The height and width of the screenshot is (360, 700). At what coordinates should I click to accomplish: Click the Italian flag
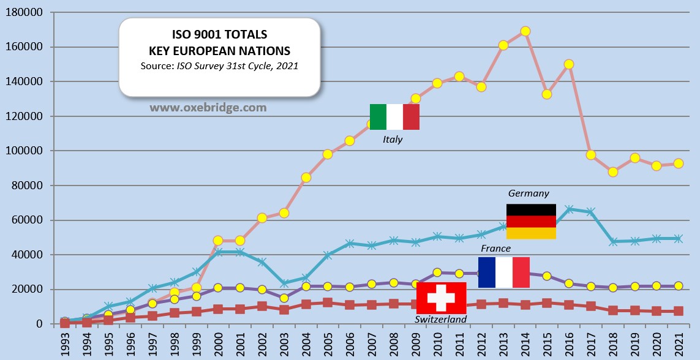pyautogui.click(x=394, y=117)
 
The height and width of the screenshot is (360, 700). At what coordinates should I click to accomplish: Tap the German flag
pyautogui.click(x=531, y=221)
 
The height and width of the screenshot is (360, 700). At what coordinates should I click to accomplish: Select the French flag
pyautogui.click(x=503, y=272)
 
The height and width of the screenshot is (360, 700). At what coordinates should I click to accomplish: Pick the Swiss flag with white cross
pyautogui.click(x=441, y=298)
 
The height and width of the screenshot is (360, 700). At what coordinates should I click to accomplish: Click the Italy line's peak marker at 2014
pyautogui.click(x=525, y=31)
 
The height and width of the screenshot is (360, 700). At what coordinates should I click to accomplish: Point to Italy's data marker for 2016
pyautogui.click(x=569, y=64)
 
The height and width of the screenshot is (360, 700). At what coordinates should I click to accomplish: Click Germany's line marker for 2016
pyautogui.click(x=569, y=209)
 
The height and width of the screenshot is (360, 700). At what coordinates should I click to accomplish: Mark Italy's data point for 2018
pyautogui.click(x=613, y=172)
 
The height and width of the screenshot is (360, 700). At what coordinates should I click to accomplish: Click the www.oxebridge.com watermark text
pyautogui.click(x=208, y=107)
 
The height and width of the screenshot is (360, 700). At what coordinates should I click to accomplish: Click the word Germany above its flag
pyautogui.click(x=529, y=193)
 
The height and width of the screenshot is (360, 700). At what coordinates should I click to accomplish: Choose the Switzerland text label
pyautogui.click(x=440, y=319)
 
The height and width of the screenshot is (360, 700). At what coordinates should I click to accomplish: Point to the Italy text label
pyautogui.click(x=393, y=140)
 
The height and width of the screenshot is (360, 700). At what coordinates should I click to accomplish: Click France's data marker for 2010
pyautogui.click(x=437, y=272)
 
